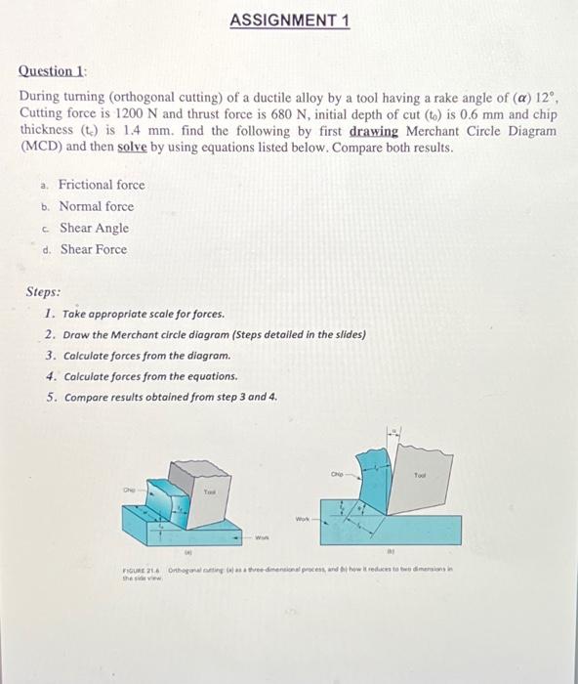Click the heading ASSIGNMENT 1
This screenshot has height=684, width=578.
click(290, 21)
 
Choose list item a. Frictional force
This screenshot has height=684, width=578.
click(101, 185)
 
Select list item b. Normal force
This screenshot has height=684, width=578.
click(96, 206)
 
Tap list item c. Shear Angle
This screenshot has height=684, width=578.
click(94, 228)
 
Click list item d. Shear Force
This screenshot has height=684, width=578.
click(93, 249)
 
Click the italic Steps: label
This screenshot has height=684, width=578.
click(43, 292)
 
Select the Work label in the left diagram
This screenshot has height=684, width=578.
click(261, 537)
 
